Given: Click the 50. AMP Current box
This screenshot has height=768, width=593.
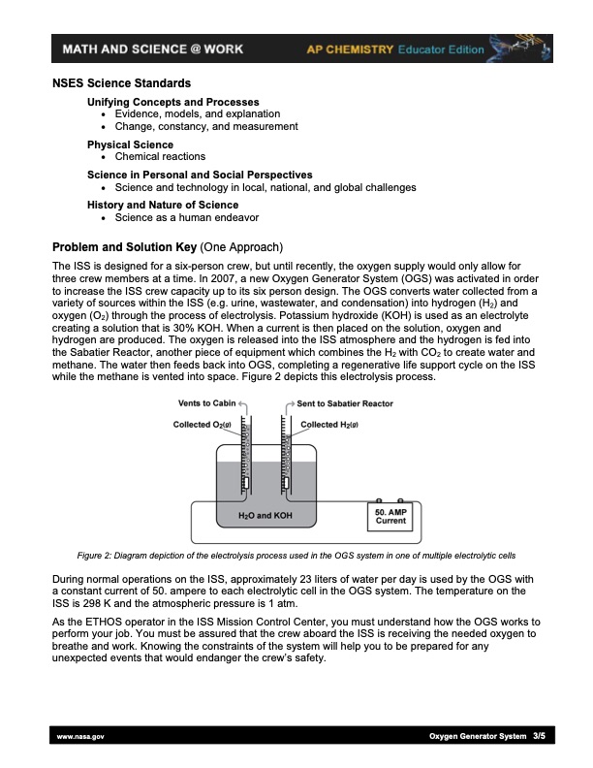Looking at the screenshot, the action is [x=390, y=516].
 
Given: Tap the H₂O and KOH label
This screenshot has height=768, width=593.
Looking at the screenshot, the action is [x=265, y=515].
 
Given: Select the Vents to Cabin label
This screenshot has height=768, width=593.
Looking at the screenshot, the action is [x=206, y=403].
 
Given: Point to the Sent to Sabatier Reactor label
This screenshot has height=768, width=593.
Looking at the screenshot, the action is [x=345, y=403].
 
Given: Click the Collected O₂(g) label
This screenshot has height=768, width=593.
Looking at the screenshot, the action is [x=203, y=425].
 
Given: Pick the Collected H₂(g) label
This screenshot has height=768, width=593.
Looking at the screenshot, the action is [x=329, y=425].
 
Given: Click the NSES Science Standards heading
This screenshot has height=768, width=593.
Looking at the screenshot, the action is [x=121, y=83].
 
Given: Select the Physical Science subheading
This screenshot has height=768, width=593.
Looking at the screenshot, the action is [x=130, y=144].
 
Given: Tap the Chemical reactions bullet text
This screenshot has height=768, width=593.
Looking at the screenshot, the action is [x=160, y=157].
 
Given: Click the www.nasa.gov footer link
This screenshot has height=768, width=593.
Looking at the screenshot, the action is [x=80, y=736].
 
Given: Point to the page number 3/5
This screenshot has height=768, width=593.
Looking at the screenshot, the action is [x=539, y=736].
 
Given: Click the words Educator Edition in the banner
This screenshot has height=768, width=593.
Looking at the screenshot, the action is [x=441, y=49].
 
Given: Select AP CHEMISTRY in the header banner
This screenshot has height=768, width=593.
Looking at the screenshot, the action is [x=350, y=49].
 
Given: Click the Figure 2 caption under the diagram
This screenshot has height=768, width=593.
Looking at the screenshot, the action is [x=296, y=556].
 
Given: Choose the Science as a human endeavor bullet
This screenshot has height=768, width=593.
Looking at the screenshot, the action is [x=187, y=217].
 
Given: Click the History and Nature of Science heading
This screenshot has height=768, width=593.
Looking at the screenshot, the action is [x=163, y=205].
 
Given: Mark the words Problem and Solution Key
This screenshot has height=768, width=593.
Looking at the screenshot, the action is [x=124, y=247].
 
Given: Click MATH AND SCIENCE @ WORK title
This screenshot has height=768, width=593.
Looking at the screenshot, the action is [x=153, y=49].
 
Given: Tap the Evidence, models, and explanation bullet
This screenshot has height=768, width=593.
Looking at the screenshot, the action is [x=198, y=113].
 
